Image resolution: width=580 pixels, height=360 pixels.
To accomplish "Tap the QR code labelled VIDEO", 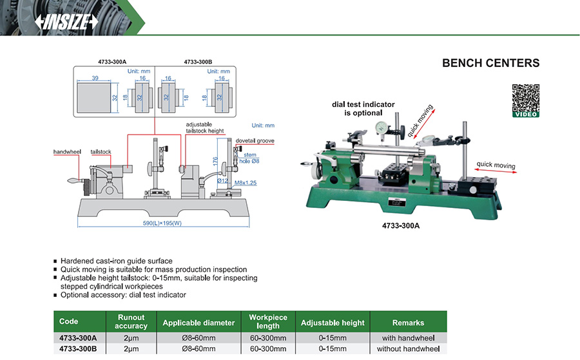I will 525,100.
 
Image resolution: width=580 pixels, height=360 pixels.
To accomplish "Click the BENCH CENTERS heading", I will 490,63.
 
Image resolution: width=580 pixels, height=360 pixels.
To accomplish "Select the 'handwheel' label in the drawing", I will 66,151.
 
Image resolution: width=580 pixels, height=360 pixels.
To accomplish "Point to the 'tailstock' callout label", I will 101,152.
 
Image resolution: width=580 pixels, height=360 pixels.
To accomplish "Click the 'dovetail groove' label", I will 255,140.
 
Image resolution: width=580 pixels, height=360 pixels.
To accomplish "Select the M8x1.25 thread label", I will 246,183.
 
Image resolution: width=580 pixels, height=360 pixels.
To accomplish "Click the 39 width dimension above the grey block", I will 94,77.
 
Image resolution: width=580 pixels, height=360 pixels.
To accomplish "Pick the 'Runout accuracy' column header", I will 131,321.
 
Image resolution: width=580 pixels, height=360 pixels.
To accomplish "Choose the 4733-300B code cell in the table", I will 78,348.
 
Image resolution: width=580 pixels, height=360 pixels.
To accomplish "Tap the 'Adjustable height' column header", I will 333,322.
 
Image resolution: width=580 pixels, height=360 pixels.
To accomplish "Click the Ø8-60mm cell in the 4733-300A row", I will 198,337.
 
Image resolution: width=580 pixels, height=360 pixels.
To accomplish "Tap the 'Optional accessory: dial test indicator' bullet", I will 123,295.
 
